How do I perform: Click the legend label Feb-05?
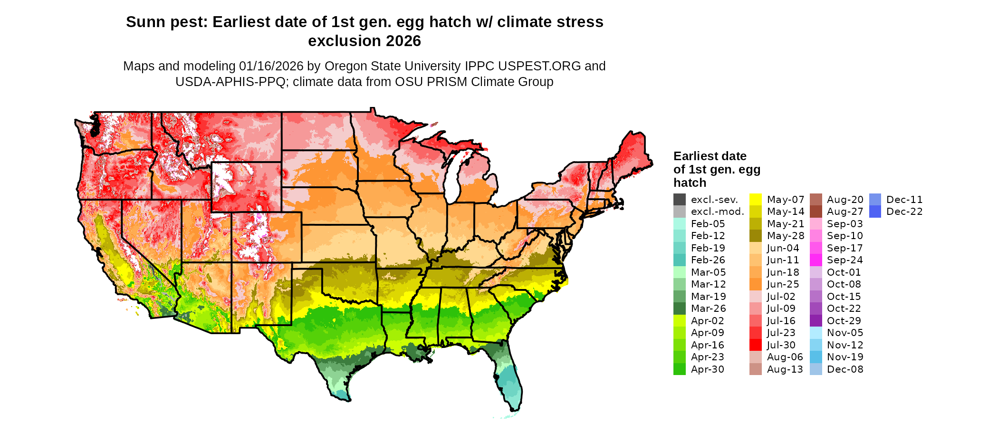pos(708,224)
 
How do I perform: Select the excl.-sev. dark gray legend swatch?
pos(680,200)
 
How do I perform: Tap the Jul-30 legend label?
pos(781,345)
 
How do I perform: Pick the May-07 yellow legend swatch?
pos(756,200)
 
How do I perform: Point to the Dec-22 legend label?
pos(904,212)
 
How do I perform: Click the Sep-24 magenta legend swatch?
pos(816,260)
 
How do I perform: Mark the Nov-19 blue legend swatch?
pos(816,357)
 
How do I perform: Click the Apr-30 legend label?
pos(707,369)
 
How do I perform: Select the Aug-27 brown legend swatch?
pos(816,212)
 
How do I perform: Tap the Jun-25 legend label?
pos(783,284)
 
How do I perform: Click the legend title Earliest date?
pos(710,156)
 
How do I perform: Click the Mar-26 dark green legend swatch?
pos(680,308)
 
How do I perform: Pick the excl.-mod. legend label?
pos(717,212)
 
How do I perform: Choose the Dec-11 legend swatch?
pos(875,200)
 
